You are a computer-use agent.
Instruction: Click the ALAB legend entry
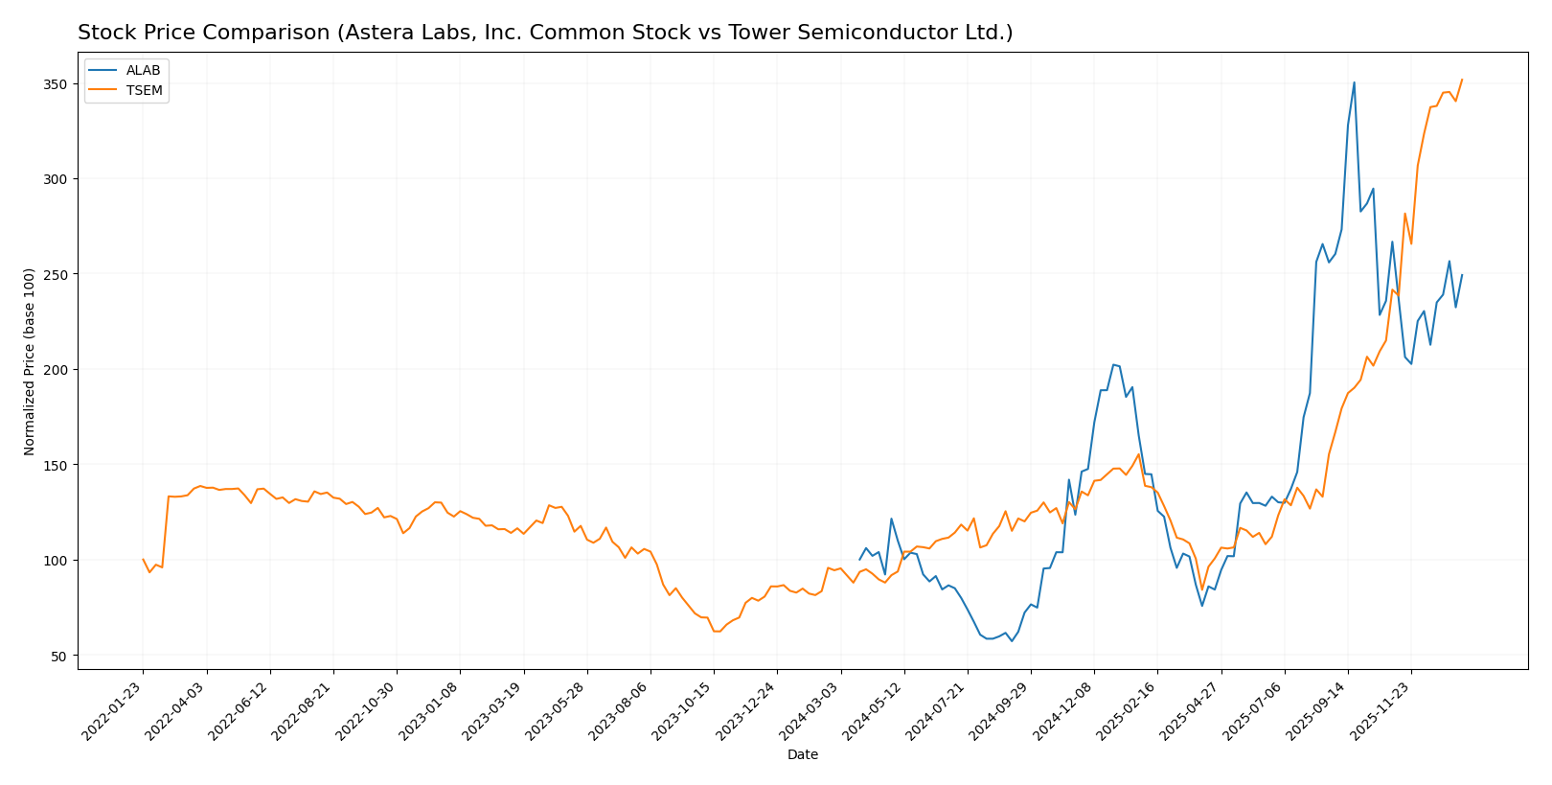(143, 71)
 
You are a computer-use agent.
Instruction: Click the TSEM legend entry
(144, 91)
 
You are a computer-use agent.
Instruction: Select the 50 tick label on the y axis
(58, 656)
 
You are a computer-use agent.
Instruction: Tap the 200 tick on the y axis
(55, 370)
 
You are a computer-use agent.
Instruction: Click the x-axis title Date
(802, 755)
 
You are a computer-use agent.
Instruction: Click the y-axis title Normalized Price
(30, 361)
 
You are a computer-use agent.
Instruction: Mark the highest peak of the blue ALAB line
(1354, 81)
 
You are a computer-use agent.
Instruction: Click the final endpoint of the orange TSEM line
(1461, 80)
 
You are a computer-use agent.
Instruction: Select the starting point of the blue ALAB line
(859, 560)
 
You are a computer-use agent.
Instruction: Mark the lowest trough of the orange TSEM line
(716, 631)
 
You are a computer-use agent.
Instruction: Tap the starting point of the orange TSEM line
(144, 560)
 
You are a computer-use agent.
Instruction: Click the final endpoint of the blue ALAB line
(1461, 275)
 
